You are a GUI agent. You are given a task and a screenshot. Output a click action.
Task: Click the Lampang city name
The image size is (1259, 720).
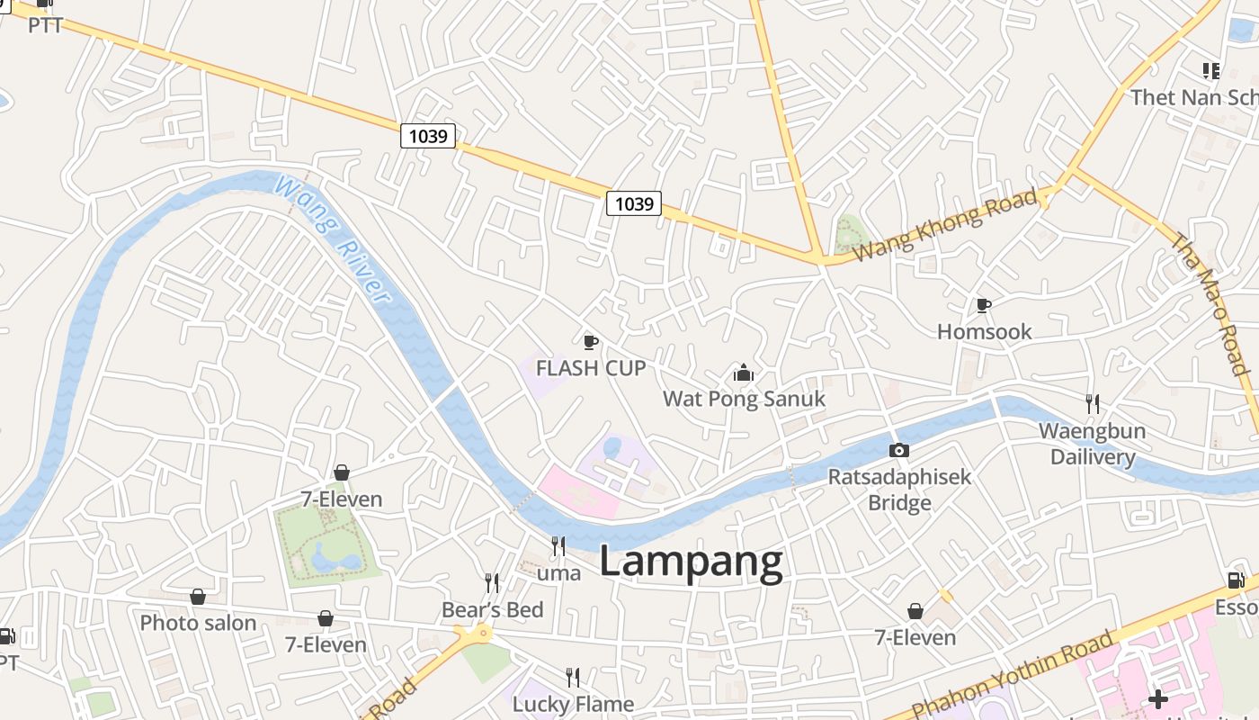(x=691, y=562)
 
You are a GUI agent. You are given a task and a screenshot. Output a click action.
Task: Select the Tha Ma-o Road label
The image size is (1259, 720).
(x=1210, y=304)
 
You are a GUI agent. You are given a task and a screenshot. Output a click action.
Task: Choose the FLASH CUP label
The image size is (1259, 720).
(x=591, y=368)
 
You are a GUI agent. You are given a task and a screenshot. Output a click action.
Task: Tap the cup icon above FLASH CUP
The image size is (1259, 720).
(x=590, y=342)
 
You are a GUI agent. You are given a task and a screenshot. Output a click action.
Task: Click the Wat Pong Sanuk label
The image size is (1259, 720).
(x=744, y=399)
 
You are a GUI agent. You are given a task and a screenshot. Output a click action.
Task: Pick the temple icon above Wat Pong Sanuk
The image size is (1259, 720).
(x=744, y=373)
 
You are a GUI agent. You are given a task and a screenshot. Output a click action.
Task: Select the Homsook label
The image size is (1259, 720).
(x=985, y=331)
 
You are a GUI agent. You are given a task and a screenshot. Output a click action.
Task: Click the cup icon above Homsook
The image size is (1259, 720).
(x=984, y=305)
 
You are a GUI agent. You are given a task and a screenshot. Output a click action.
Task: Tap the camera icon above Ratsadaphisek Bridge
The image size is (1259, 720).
(x=898, y=450)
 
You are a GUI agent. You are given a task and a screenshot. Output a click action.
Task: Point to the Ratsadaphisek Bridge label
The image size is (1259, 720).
(x=899, y=489)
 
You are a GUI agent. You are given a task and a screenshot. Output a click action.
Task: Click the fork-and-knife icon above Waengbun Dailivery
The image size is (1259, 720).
(x=1092, y=403)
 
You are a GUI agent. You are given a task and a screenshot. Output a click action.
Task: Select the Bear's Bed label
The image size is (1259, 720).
(x=492, y=610)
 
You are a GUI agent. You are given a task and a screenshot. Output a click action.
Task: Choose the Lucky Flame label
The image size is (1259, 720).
(x=573, y=704)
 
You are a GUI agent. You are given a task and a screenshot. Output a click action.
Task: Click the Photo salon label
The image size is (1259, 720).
(x=198, y=623)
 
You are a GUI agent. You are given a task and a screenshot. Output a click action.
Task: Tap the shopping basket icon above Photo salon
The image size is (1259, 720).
(x=198, y=597)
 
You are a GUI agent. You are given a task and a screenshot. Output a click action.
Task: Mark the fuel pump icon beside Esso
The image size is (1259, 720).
(x=1236, y=581)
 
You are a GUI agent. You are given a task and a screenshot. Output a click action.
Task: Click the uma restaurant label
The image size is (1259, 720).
(x=558, y=572)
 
